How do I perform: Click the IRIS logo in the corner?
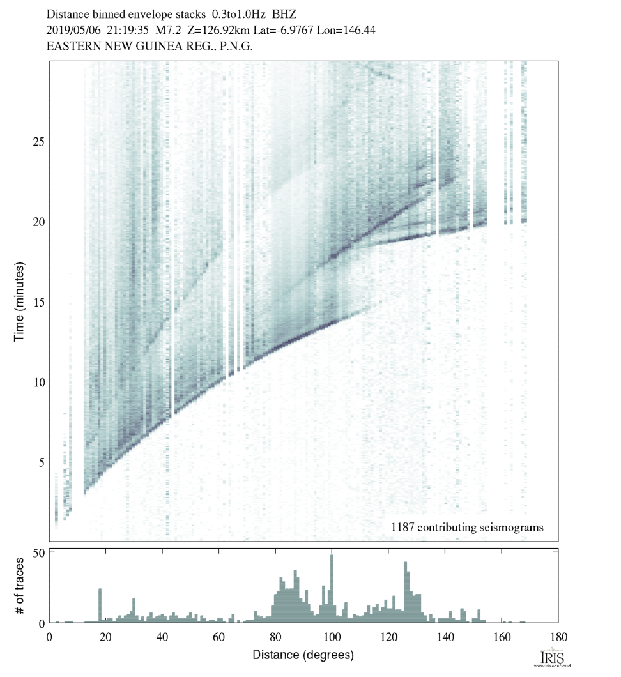pyautogui.click(x=551, y=659)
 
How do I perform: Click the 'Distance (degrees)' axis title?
pyautogui.click(x=303, y=655)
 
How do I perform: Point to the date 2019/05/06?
pyautogui.click(x=72, y=29)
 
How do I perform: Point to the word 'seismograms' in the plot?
pyautogui.click(x=512, y=528)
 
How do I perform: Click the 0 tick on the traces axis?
pyautogui.click(x=40, y=623)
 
